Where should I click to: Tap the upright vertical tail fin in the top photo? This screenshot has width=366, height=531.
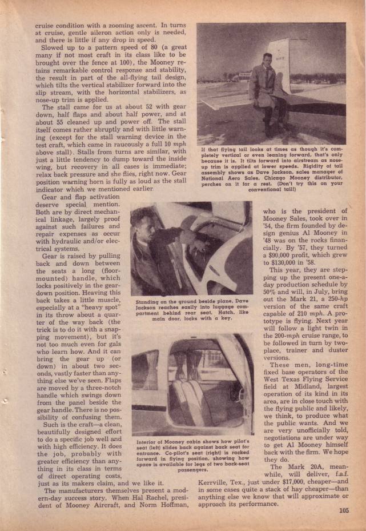tap(291, 63)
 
